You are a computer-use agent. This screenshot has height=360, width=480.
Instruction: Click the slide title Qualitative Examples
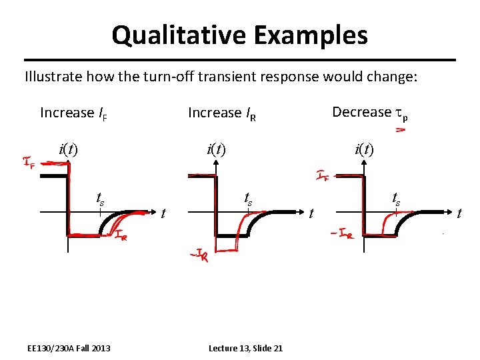pos(239,35)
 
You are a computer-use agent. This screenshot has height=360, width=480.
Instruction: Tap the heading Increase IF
pos(74,113)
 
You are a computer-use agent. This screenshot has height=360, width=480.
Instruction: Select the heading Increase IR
pos(222,113)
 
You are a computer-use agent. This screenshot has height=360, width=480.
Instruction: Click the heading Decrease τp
pos(369,112)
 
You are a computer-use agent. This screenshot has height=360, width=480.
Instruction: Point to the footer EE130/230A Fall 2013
pos(69,348)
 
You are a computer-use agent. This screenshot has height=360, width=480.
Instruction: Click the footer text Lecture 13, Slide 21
pos(245,348)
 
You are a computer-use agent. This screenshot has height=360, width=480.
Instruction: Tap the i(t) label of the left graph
pos(67,149)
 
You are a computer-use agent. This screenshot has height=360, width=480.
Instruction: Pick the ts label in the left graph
pos(100,197)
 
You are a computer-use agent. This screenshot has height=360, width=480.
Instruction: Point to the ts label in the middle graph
pos(248,197)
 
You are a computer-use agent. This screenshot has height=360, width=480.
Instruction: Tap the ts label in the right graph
pos(396,197)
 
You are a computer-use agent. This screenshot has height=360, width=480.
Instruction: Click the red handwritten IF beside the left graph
pos(29,162)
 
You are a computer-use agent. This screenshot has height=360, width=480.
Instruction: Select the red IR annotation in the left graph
pos(119,235)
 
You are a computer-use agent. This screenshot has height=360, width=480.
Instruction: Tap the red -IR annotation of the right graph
pos(341,234)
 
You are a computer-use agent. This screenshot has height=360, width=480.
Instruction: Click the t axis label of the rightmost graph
pos(459,213)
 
